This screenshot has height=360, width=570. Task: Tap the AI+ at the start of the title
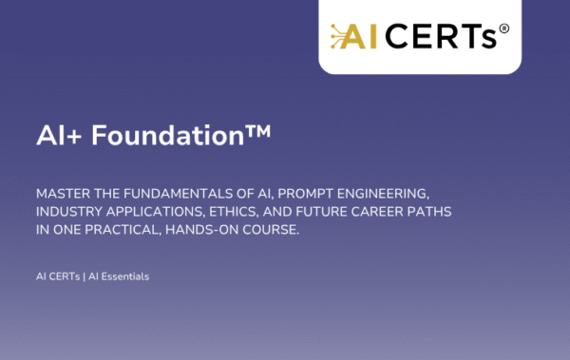point(60,134)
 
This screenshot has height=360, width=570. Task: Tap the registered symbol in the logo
point(503,28)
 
